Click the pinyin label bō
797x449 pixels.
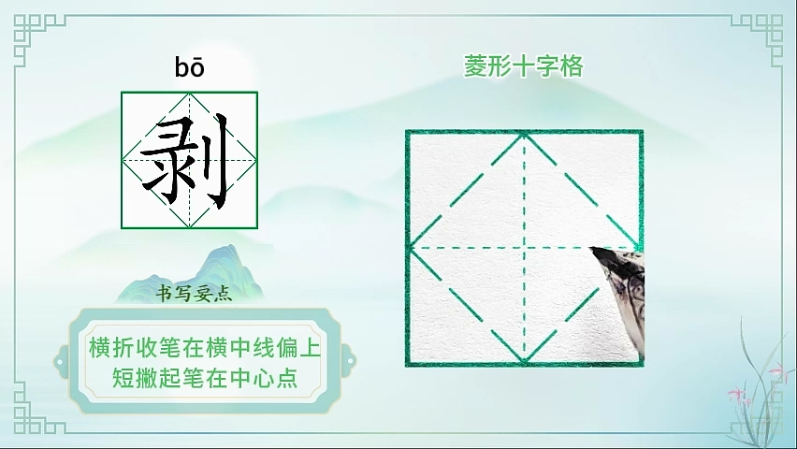click(x=190, y=67)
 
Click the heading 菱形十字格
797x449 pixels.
click(x=524, y=66)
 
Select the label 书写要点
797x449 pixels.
click(x=194, y=294)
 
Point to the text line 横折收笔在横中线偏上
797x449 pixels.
click(x=205, y=347)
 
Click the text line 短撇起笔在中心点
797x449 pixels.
click(x=205, y=377)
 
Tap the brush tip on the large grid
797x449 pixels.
click(x=593, y=250)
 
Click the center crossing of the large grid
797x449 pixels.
click(x=524, y=248)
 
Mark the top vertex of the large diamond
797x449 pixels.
click(x=524, y=134)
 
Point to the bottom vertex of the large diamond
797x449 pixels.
click(x=524, y=362)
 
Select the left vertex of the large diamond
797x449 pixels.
click(x=410, y=248)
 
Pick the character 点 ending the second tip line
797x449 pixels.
click(x=286, y=377)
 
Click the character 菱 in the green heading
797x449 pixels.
click(x=475, y=66)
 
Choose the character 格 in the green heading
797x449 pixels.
click(x=572, y=66)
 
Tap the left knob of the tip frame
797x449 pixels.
click(x=62, y=361)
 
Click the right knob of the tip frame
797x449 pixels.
click(x=349, y=361)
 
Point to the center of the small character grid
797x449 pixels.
click(x=190, y=160)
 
